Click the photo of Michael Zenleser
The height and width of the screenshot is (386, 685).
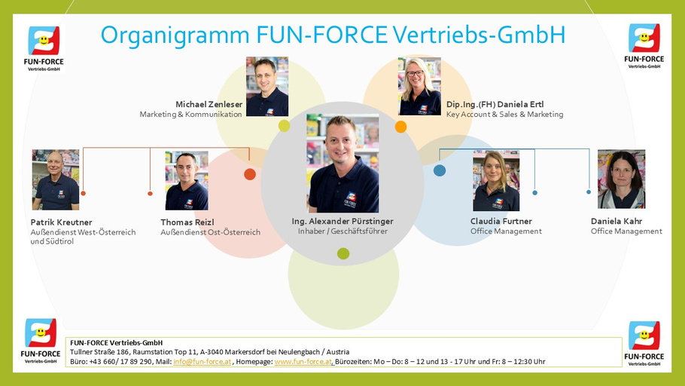click(x=266, y=86)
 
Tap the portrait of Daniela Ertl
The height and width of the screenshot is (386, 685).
click(x=419, y=86)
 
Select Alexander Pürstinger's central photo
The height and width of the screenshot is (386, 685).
click(x=342, y=164)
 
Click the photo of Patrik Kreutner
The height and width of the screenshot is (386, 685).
click(x=55, y=179)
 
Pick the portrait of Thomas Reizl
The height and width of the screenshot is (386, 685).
click(x=186, y=180)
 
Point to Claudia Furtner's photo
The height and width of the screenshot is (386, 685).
click(x=496, y=180)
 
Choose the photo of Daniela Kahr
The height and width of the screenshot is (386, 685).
click(x=621, y=179)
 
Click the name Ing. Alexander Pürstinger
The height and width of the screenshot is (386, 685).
click(x=342, y=222)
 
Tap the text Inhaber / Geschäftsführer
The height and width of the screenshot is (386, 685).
click(x=342, y=232)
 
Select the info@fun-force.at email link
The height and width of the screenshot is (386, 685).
click(x=202, y=362)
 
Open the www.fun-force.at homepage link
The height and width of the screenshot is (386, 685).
click(x=303, y=362)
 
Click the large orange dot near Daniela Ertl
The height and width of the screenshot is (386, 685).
click(x=400, y=127)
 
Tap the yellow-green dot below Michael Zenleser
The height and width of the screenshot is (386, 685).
click(x=284, y=126)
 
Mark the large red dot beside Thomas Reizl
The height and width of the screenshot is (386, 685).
click(x=250, y=174)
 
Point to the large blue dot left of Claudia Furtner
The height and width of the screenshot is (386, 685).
click(x=440, y=170)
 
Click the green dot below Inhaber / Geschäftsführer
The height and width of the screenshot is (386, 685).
click(x=343, y=253)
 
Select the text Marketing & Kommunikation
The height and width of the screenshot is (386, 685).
click(x=190, y=115)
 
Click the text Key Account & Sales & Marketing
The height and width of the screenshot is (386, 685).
click(x=504, y=115)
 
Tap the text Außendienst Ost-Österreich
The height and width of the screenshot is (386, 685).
click(x=210, y=232)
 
